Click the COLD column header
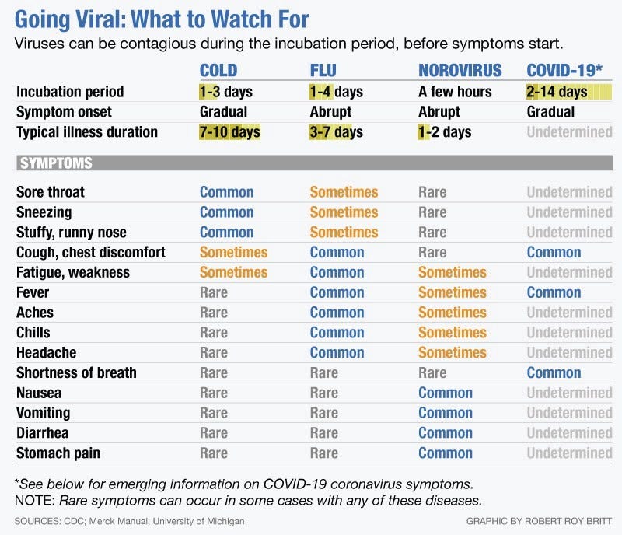click(x=218, y=71)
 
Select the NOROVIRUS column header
click(x=460, y=71)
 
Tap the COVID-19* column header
click(x=564, y=71)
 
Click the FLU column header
click(x=323, y=71)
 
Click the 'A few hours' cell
click(x=455, y=92)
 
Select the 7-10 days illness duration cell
click(x=229, y=131)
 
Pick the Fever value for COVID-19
click(x=554, y=292)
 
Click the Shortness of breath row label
click(x=76, y=372)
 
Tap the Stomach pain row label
click(x=58, y=453)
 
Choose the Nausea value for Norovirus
click(x=446, y=393)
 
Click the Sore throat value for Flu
click(x=344, y=192)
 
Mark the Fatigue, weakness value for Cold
click(x=234, y=272)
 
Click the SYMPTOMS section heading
click(x=56, y=163)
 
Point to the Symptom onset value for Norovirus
click(x=439, y=112)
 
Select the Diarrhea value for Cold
click(x=214, y=433)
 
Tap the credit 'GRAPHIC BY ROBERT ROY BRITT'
click(x=539, y=521)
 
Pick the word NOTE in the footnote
click(x=34, y=501)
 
